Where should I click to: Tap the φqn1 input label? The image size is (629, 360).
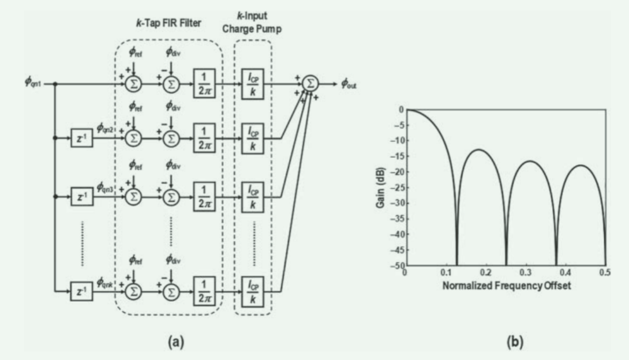pyautogui.click(x=34, y=82)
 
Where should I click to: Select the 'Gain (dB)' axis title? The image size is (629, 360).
pyautogui.click(x=381, y=187)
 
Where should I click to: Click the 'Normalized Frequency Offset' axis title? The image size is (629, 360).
pyautogui.click(x=507, y=285)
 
